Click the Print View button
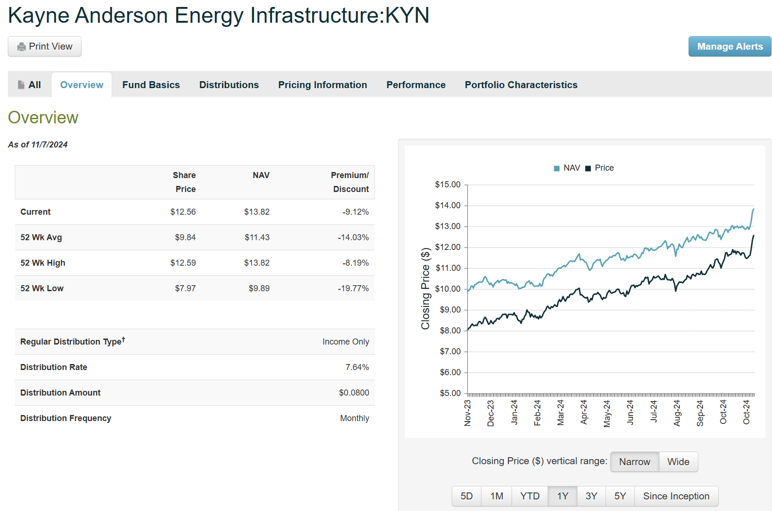44,46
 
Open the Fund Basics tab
151,85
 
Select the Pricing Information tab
322,85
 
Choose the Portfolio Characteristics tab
521,85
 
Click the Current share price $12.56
183,212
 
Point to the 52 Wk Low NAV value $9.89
259,288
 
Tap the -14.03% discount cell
353,237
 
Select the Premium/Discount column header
350,182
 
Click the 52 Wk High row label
43,263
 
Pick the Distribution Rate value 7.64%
357,367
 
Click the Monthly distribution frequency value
354,418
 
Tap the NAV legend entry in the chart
567,168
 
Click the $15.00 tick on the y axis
448,185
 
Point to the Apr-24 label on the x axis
584,412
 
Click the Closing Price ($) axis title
425,288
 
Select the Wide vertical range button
678,462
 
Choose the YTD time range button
530,496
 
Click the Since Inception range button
676,496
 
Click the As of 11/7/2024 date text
38,145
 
